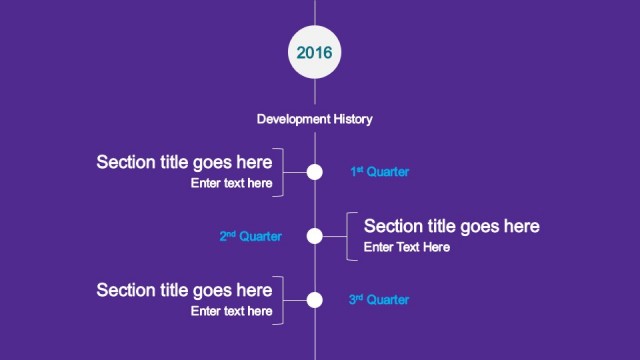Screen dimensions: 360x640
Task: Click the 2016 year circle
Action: point(315,51)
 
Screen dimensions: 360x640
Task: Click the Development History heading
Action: point(314,119)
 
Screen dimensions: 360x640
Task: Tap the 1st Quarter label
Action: point(379,172)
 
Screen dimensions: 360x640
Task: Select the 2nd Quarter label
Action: point(250,237)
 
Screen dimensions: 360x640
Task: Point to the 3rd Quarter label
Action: point(379,299)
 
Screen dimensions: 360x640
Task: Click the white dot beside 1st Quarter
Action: point(315,172)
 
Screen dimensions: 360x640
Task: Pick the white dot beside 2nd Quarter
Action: point(315,237)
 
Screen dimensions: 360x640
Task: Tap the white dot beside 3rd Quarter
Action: point(315,299)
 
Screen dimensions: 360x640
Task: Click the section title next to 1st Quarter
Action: point(184,162)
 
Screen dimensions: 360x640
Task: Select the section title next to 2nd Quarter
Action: point(451,226)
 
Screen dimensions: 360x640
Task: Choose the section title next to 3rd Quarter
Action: point(184,290)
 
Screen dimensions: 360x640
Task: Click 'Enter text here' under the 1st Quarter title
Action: point(231,183)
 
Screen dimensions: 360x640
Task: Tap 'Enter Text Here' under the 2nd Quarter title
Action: point(406,247)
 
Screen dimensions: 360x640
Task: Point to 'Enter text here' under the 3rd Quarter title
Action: point(231,311)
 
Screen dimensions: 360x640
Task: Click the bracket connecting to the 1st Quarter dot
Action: point(281,172)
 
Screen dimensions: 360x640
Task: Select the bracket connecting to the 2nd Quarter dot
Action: point(348,237)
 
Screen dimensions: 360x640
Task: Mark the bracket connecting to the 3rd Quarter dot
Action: point(281,299)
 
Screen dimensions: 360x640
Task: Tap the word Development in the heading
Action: point(291,119)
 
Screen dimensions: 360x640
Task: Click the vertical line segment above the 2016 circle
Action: point(315,12)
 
